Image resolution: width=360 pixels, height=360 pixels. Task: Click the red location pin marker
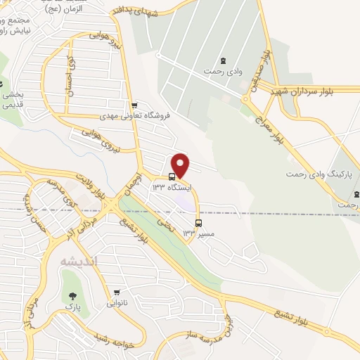[x=181, y=165]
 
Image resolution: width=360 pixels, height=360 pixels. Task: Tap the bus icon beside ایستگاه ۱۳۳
[x=172, y=176]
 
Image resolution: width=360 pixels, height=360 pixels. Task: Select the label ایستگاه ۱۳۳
[x=168, y=187]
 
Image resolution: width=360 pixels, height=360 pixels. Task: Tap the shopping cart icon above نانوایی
[x=117, y=293]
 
